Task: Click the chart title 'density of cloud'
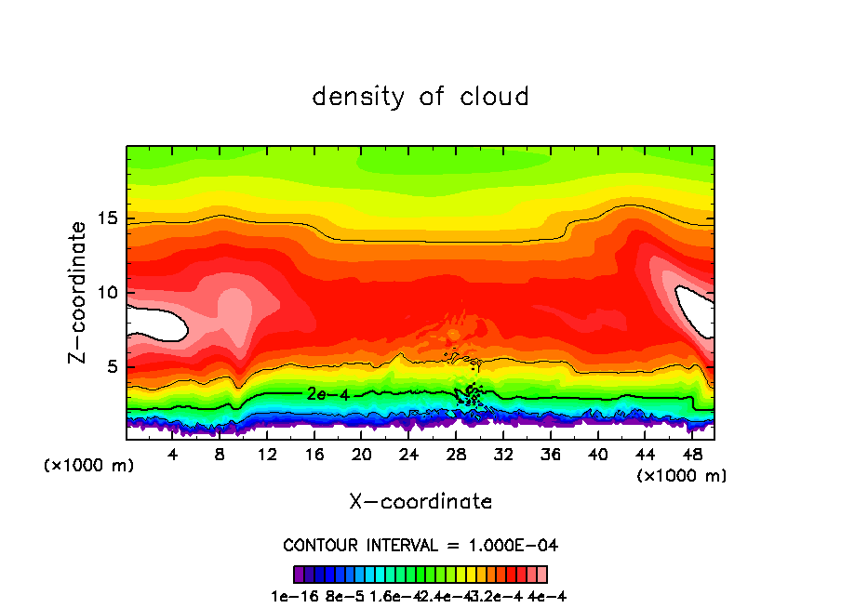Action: click(x=420, y=97)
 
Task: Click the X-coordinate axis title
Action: click(x=420, y=502)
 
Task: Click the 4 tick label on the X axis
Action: click(x=173, y=455)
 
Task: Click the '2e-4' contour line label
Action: click(x=327, y=394)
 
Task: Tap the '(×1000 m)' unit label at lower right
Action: click(x=682, y=476)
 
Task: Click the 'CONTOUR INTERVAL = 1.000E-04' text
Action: click(x=420, y=545)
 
